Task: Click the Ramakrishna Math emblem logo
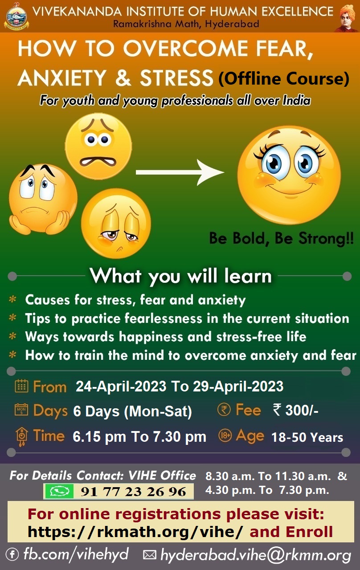point(16,16)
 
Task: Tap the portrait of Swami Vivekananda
point(347,18)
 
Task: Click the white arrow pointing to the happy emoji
point(180,172)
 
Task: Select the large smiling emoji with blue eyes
point(289,175)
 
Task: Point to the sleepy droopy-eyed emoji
point(116,224)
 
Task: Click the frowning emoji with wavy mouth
point(98,147)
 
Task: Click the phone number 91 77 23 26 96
point(133,492)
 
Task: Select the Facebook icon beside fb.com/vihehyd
point(12,555)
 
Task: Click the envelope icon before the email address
point(149,555)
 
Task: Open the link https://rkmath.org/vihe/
point(135,532)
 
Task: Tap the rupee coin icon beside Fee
point(224,410)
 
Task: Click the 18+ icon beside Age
point(225,436)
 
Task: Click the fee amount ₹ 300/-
point(295,410)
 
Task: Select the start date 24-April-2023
point(121,386)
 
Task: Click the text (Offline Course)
point(284,78)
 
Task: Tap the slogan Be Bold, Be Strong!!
point(281,239)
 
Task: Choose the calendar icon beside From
point(22,386)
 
